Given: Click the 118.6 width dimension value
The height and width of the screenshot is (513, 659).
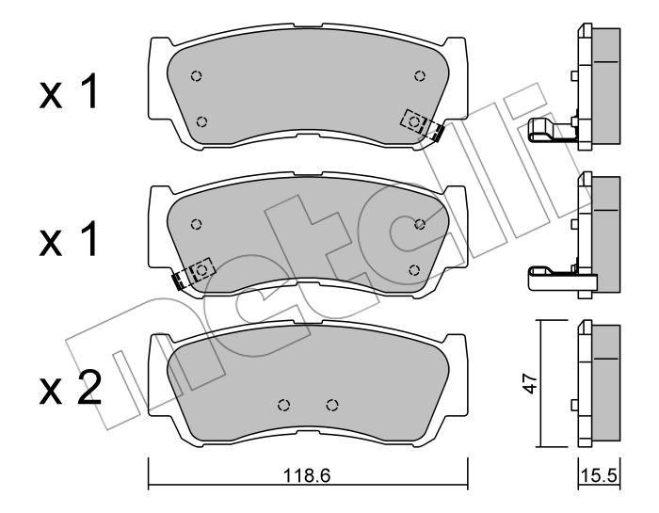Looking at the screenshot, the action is point(307,476).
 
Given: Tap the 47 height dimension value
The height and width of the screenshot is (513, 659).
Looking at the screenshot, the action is point(530,382).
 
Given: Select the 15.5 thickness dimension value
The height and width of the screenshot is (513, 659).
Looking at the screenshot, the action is point(599,476).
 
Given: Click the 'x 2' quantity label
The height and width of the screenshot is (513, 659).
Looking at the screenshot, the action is point(71,388).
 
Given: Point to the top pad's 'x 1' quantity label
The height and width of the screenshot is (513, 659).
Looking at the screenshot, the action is point(69,91).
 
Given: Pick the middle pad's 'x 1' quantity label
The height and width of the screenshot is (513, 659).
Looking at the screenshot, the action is point(69,238).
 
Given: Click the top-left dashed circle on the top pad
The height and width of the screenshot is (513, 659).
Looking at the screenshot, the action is point(196,76).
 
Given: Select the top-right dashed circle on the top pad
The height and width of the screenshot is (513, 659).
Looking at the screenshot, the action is point(420,76).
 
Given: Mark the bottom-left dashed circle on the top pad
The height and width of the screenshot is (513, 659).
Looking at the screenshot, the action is point(202,121).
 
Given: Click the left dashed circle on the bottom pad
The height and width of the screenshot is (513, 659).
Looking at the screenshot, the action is point(284,405).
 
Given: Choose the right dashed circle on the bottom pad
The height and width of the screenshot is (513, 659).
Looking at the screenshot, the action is point(332,405).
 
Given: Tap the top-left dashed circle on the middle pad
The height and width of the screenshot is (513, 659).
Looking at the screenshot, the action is point(196,224).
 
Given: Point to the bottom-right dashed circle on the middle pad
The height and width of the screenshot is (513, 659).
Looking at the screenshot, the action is point(414,270).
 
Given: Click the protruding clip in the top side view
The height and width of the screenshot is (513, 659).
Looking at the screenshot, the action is point(552,129).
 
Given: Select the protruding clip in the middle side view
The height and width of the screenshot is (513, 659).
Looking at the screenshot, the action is point(559,278).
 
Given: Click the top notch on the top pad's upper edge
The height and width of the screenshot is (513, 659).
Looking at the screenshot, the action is point(308,26).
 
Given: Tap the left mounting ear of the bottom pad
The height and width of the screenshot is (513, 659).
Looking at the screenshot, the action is point(158,375).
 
